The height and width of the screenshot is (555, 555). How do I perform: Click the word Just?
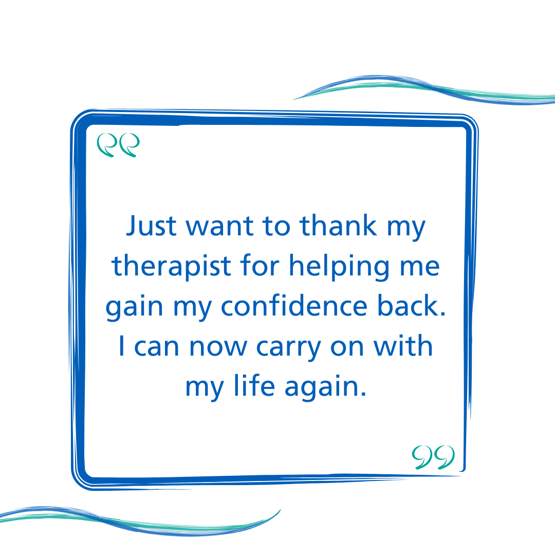pyautogui.click(x=151, y=225)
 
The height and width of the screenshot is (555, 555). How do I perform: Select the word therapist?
pyautogui.click(x=171, y=266)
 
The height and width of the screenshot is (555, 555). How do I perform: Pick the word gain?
pyautogui.click(x=135, y=307)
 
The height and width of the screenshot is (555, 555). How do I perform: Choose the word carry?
pyautogui.click(x=288, y=348)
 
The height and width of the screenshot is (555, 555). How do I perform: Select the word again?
pyautogui.click(x=325, y=387)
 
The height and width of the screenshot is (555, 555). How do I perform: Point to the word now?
pyautogui.click(x=218, y=347)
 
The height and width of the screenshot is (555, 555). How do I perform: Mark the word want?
pyautogui.click(x=220, y=227)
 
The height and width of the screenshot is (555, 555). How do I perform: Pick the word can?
pyautogui.click(x=156, y=347)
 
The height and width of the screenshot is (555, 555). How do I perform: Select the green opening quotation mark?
pyautogui.click(x=118, y=145)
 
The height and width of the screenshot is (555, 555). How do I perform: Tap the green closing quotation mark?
pyautogui.click(x=433, y=457)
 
